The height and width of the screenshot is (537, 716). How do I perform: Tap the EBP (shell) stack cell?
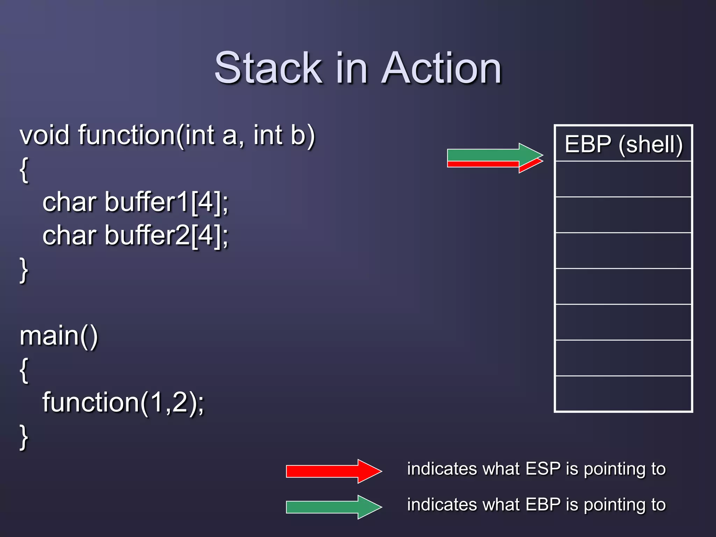(623, 144)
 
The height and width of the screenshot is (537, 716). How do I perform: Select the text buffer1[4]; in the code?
(166, 202)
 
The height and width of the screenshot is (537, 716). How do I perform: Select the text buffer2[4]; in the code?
(166, 236)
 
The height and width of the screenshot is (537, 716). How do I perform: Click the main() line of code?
(59, 336)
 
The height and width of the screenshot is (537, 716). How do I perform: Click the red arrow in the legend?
(334, 471)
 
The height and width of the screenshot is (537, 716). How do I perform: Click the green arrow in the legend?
(334, 507)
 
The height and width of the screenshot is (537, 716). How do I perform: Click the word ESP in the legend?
(543, 469)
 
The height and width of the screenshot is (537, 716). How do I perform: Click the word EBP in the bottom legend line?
(543, 504)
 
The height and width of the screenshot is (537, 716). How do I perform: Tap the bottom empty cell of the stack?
(623, 393)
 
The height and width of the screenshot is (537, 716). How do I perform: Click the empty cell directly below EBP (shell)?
(623, 179)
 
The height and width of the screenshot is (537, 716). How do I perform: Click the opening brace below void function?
(24, 170)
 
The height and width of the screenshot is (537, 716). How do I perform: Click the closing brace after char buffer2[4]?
(24, 270)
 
